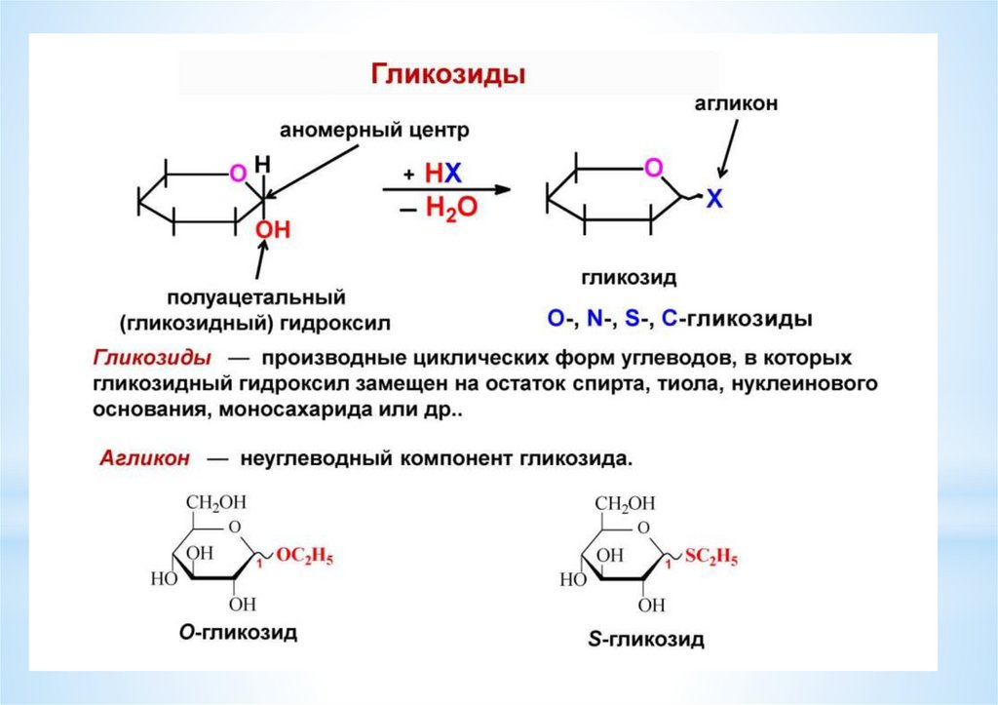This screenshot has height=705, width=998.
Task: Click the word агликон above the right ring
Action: point(736,104)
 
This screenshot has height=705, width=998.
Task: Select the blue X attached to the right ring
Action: point(714,199)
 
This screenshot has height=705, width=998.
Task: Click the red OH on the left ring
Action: point(273,230)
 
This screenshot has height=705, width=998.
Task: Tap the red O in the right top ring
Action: point(653,169)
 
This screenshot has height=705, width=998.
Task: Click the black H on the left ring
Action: point(261,162)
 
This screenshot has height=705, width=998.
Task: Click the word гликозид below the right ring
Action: point(629,277)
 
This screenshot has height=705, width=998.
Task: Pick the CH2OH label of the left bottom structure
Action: point(217,502)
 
